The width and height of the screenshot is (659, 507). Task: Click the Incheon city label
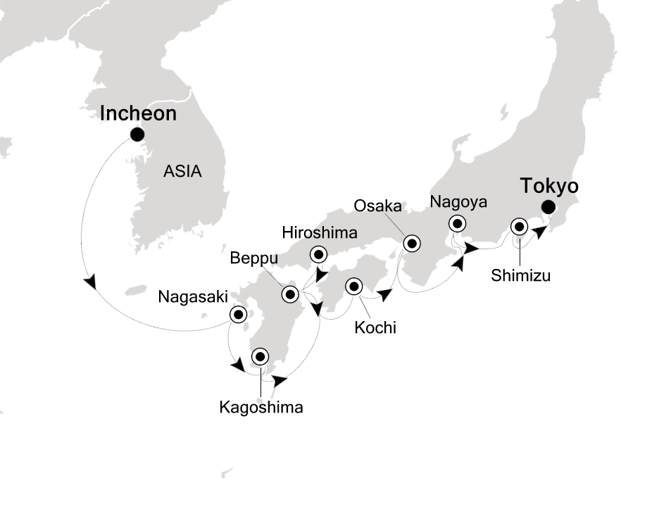pyautogui.click(x=138, y=113)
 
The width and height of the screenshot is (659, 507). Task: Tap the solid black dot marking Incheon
pyautogui.click(x=137, y=134)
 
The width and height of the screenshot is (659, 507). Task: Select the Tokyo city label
pyautogui.click(x=549, y=187)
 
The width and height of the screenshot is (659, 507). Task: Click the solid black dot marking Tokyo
pyautogui.click(x=548, y=207)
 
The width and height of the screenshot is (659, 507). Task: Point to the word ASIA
pyautogui.click(x=182, y=171)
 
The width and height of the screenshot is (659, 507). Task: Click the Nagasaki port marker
pyautogui.click(x=239, y=315)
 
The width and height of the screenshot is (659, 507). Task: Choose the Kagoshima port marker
pyautogui.click(x=261, y=357)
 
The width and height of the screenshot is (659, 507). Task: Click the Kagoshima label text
pyautogui.click(x=261, y=407)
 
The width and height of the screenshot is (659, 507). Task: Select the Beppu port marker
pyautogui.click(x=290, y=294)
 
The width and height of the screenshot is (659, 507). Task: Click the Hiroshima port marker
pyautogui.click(x=318, y=255)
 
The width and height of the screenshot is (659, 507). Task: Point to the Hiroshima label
pyautogui.click(x=319, y=232)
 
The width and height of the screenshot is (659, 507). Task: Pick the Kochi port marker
pyautogui.click(x=353, y=287)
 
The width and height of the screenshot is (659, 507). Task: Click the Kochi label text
pyautogui.click(x=375, y=327)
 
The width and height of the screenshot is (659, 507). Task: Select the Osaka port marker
pyautogui.click(x=411, y=244)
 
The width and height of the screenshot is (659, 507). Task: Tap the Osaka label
pyautogui.click(x=378, y=206)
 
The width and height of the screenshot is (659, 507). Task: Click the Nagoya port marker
pyautogui.click(x=458, y=224)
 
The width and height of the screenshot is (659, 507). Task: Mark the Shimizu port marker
pyautogui.click(x=519, y=227)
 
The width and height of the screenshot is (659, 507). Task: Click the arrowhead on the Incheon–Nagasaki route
pyautogui.click(x=89, y=282)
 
